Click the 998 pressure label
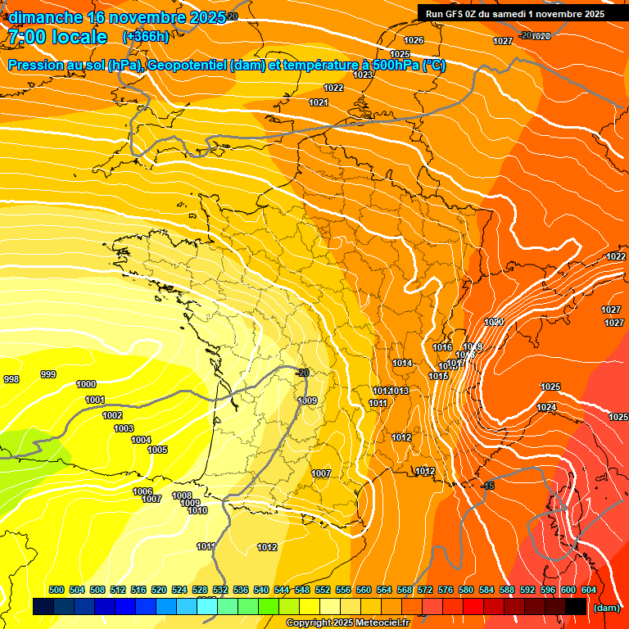[x=11, y=379]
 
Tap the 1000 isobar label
[x=86, y=384]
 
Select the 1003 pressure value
[x=124, y=428]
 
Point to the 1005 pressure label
[x=157, y=450]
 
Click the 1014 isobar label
[x=402, y=363]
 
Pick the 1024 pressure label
[x=546, y=407]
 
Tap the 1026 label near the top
[x=414, y=40]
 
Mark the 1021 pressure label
[x=319, y=102]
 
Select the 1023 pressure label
[x=363, y=75]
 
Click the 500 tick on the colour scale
[x=57, y=590]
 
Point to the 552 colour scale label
[x=323, y=590]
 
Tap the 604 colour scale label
[x=589, y=590]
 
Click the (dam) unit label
[x=606, y=608]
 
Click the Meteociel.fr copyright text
[x=347, y=623]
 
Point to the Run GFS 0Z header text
[x=462, y=13]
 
